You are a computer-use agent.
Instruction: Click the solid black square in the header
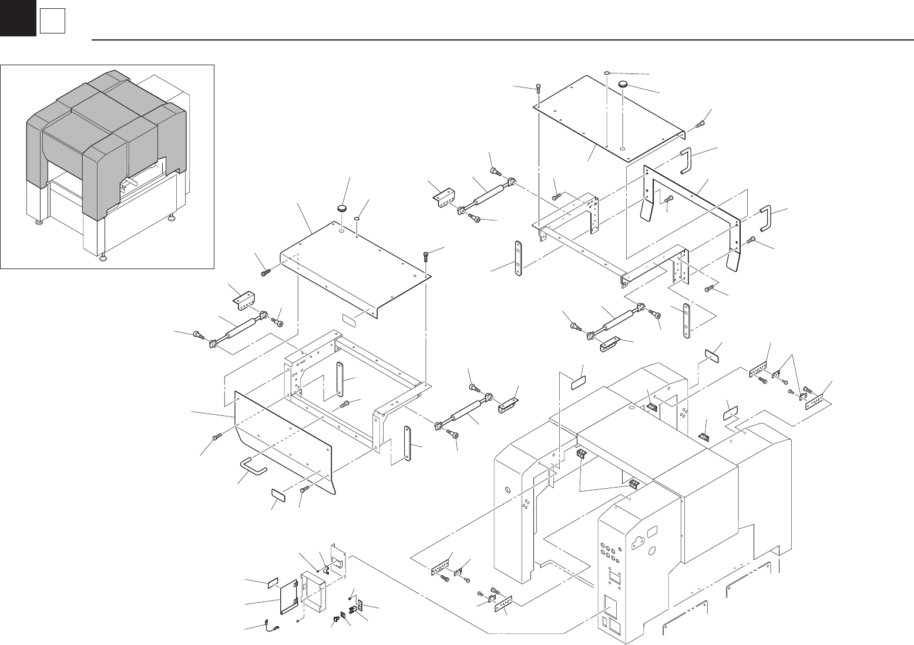tap(18, 18)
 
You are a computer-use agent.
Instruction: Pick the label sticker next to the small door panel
tap(272, 584)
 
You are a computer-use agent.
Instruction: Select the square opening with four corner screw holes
tap(613, 579)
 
